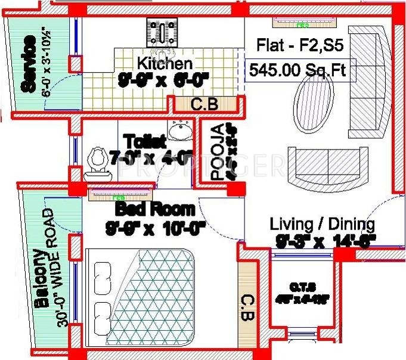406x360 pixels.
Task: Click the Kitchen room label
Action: pos(165,63)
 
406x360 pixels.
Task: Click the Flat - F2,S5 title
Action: pos(300,46)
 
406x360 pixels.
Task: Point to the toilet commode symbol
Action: pos(98,163)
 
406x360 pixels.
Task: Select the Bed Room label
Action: pos(154,210)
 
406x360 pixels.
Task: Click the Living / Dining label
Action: pos(322,224)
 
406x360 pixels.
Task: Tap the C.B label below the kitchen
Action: pos(204,105)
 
